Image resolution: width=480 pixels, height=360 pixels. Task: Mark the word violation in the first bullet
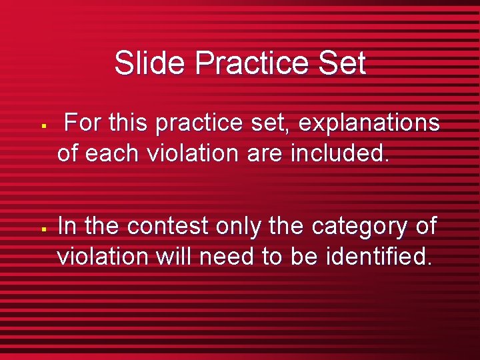pyautogui.click(x=192, y=153)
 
